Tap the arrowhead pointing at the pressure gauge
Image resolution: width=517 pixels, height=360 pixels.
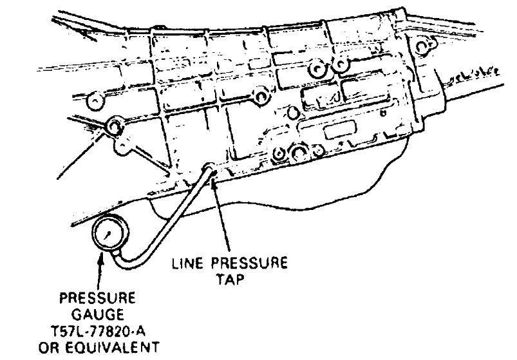point(100,258)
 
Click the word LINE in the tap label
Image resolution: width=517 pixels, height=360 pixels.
point(187,264)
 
